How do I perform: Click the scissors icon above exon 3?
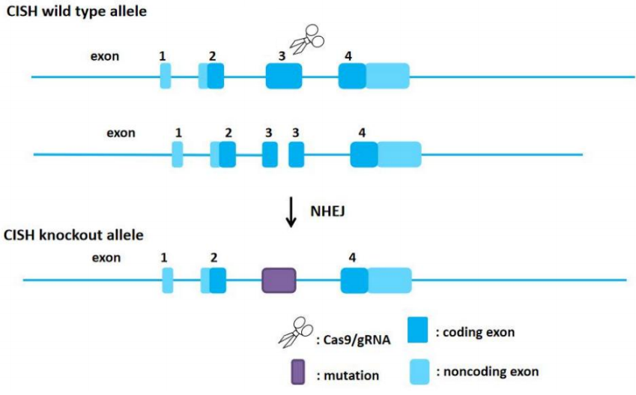[x=305, y=38]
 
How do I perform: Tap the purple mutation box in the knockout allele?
[x=279, y=280]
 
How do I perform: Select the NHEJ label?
[x=325, y=211]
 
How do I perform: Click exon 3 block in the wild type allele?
[x=284, y=76]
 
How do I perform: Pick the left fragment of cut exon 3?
[x=270, y=154]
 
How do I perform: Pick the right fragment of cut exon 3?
[x=297, y=154]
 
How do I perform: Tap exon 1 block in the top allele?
[x=166, y=76]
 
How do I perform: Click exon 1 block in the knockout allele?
[x=168, y=280]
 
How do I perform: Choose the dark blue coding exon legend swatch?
[x=418, y=329]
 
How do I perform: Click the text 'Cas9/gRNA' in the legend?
[x=353, y=340]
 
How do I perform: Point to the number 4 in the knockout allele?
[x=352, y=258]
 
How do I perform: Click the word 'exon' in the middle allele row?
[x=121, y=133]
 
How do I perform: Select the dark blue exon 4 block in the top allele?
[x=352, y=76]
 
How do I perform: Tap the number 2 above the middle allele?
[x=228, y=133]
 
